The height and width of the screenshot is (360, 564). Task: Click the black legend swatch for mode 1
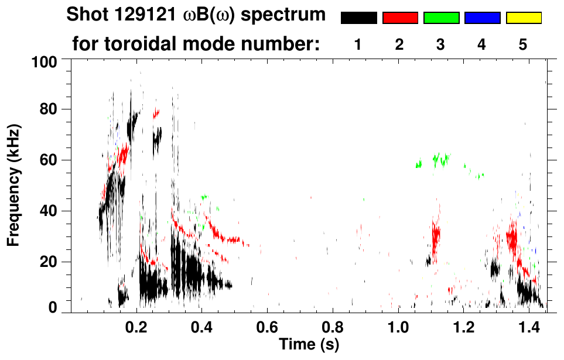pos(358,18)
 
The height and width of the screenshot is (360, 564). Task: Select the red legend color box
pos(400,18)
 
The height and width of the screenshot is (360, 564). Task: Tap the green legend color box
pos(441,18)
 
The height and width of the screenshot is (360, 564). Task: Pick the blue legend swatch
pos(482,18)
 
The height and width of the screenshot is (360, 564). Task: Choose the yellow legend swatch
pos(523,18)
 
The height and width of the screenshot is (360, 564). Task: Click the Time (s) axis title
pos(308,344)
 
